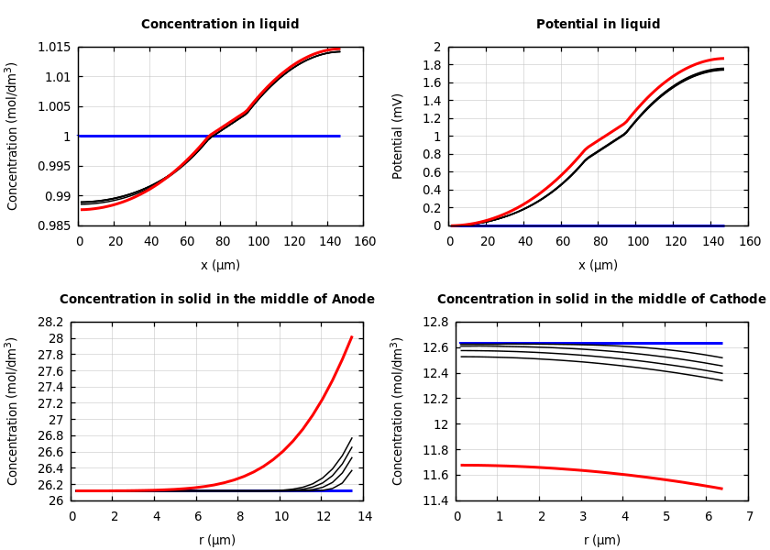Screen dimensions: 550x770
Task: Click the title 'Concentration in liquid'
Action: (220, 25)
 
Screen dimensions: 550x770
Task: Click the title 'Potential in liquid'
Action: (598, 25)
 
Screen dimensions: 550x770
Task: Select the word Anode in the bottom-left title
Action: (352, 300)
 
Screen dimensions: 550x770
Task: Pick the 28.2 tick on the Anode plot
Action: (49, 323)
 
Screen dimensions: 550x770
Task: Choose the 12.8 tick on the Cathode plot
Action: (434, 323)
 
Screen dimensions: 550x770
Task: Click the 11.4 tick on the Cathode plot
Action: (434, 500)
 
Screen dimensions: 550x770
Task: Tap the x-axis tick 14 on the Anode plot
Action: (364, 516)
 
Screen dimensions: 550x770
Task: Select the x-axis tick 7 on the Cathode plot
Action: (749, 516)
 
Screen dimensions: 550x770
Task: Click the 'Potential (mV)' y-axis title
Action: (398, 136)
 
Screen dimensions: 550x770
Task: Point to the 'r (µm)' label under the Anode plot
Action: (217, 540)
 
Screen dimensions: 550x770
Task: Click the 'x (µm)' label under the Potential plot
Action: (598, 265)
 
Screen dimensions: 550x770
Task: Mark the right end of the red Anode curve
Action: (352, 336)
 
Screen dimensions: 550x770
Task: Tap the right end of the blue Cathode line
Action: (722, 344)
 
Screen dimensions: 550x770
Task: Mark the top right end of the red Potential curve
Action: (723, 59)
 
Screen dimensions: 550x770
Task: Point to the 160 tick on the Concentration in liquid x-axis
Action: (364, 241)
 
